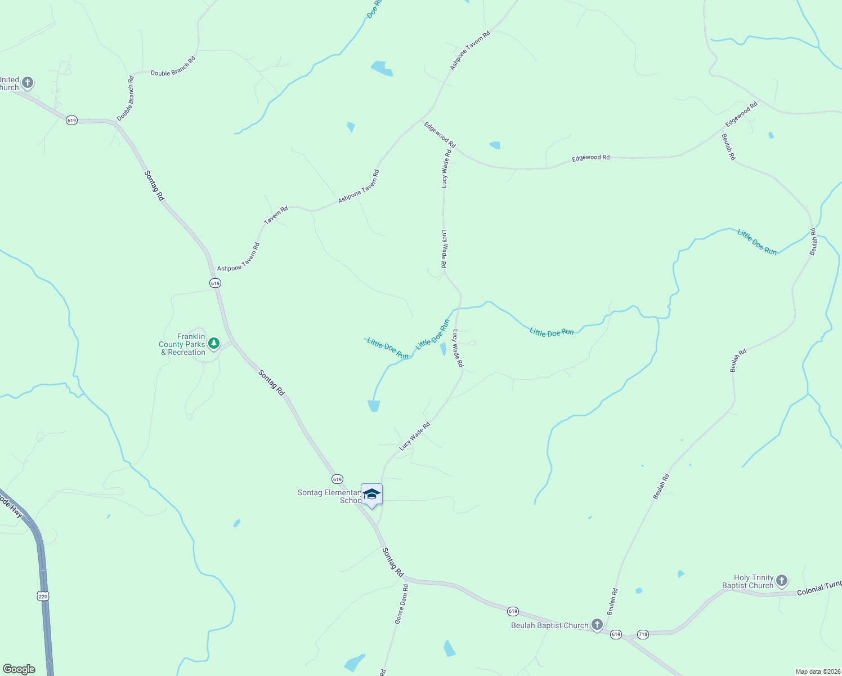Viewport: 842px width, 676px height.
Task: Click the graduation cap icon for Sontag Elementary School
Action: point(371,495)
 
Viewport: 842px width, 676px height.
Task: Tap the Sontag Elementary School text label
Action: point(329,496)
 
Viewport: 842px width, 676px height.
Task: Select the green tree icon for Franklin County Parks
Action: point(213,343)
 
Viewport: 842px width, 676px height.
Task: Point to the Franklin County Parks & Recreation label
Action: point(182,344)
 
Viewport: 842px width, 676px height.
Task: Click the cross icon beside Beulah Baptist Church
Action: point(597,624)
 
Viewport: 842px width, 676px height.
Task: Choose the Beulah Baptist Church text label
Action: point(549,625)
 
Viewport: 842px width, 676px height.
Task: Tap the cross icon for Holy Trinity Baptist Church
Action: point(782,580)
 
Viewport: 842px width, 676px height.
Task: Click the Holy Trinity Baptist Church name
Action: point(748,581)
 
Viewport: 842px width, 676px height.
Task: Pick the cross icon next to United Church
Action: point(27,83)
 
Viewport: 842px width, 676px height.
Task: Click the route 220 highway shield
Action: point(43,596)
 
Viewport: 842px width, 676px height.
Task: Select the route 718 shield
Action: point(643,634)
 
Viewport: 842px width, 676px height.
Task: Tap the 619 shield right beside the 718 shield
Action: point(616,634)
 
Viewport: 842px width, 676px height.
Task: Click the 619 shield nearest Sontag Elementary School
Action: point(337,479)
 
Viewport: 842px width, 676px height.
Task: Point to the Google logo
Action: point(19,669)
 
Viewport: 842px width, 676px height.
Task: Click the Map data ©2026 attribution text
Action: point(817,671)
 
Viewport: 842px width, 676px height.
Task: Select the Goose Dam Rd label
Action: point(401,604)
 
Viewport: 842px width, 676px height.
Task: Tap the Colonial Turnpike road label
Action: point(819,588)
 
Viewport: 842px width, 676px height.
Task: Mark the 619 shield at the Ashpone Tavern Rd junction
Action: point(215,283)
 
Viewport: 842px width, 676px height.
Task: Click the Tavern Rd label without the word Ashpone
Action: point(276,215)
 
